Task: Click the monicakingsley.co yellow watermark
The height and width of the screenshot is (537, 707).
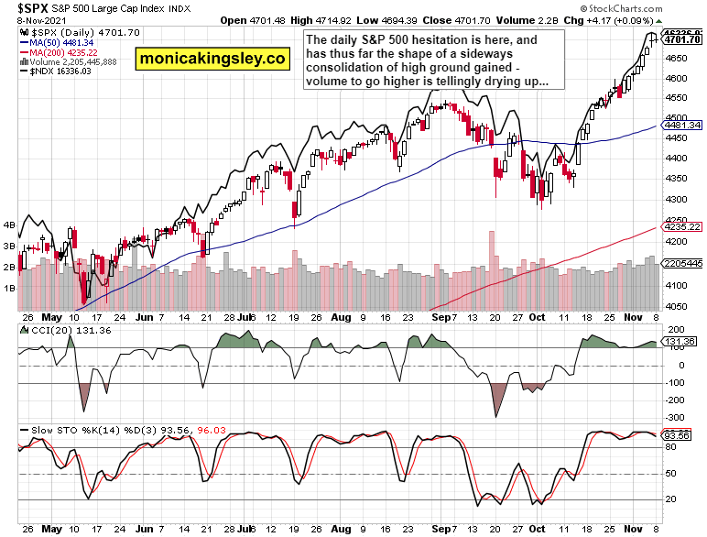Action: pyautogui.click(x=212, y=60)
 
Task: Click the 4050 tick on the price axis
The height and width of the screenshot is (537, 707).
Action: pyautogui.click(x=678, y=306)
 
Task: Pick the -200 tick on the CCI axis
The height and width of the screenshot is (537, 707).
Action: pyautogui.click(x=676, y=400)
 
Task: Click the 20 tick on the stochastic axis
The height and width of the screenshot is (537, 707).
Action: pyautogui.click(x=673, y=499)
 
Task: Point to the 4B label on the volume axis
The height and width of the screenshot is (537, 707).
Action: pyautogui.click(x=9, y=224)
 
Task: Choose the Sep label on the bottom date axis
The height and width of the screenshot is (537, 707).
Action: pyautogui.click(x=443, y=529)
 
